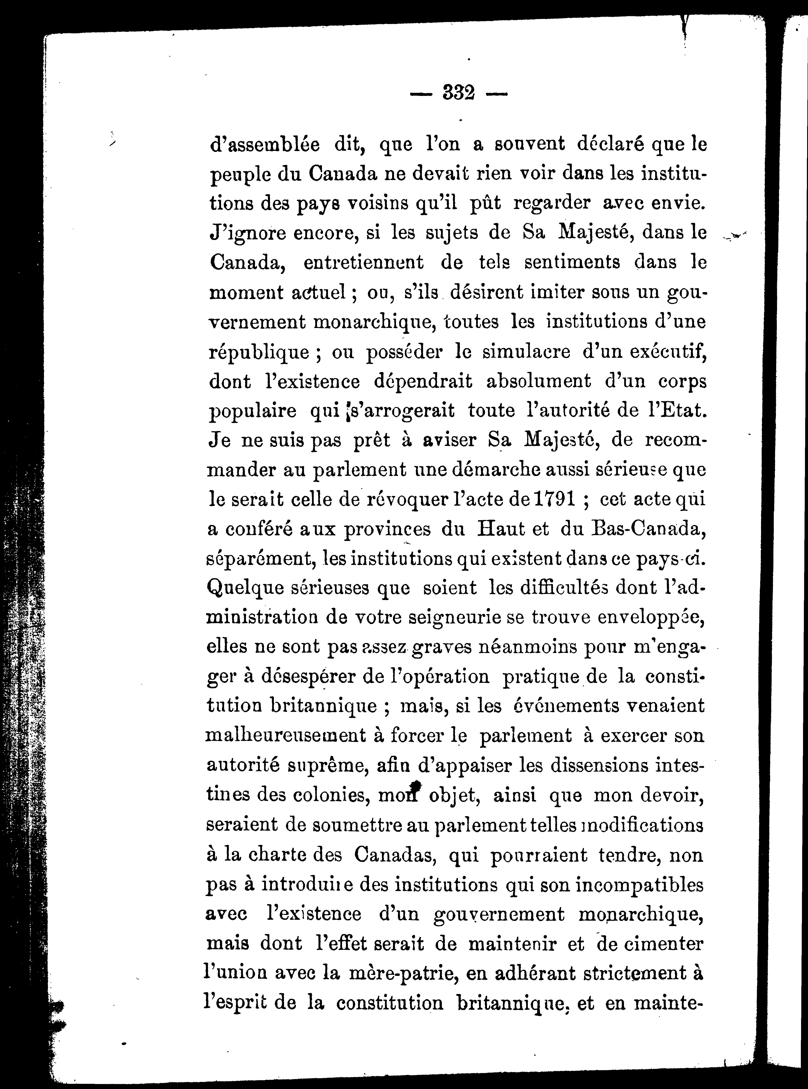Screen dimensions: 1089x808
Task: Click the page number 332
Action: pyautogui.click(x=458, y=93)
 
